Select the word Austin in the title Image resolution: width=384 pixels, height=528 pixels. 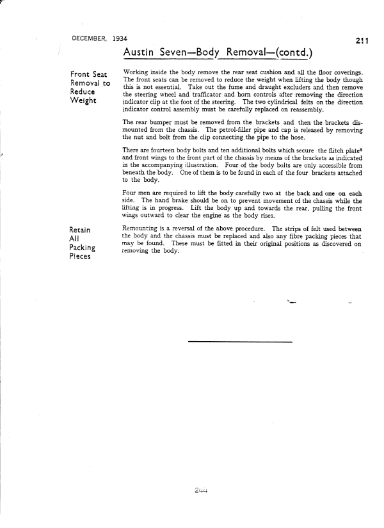coord(139,52)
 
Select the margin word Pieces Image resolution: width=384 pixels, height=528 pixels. coord(83,257)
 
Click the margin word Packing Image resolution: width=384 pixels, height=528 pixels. coord(85,248)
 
